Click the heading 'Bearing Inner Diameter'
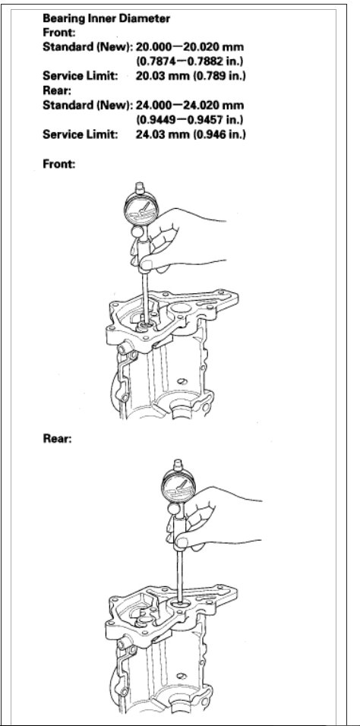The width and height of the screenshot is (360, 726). pyautogui.click(x=106, y=17)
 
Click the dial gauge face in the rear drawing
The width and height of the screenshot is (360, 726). pyautogui.click(x=178, y=487)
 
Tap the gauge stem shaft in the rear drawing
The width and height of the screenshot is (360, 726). pyautogui.click(x=182, y=570)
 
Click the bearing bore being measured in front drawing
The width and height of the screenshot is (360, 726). pyautogui.click(x=144, y=327)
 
